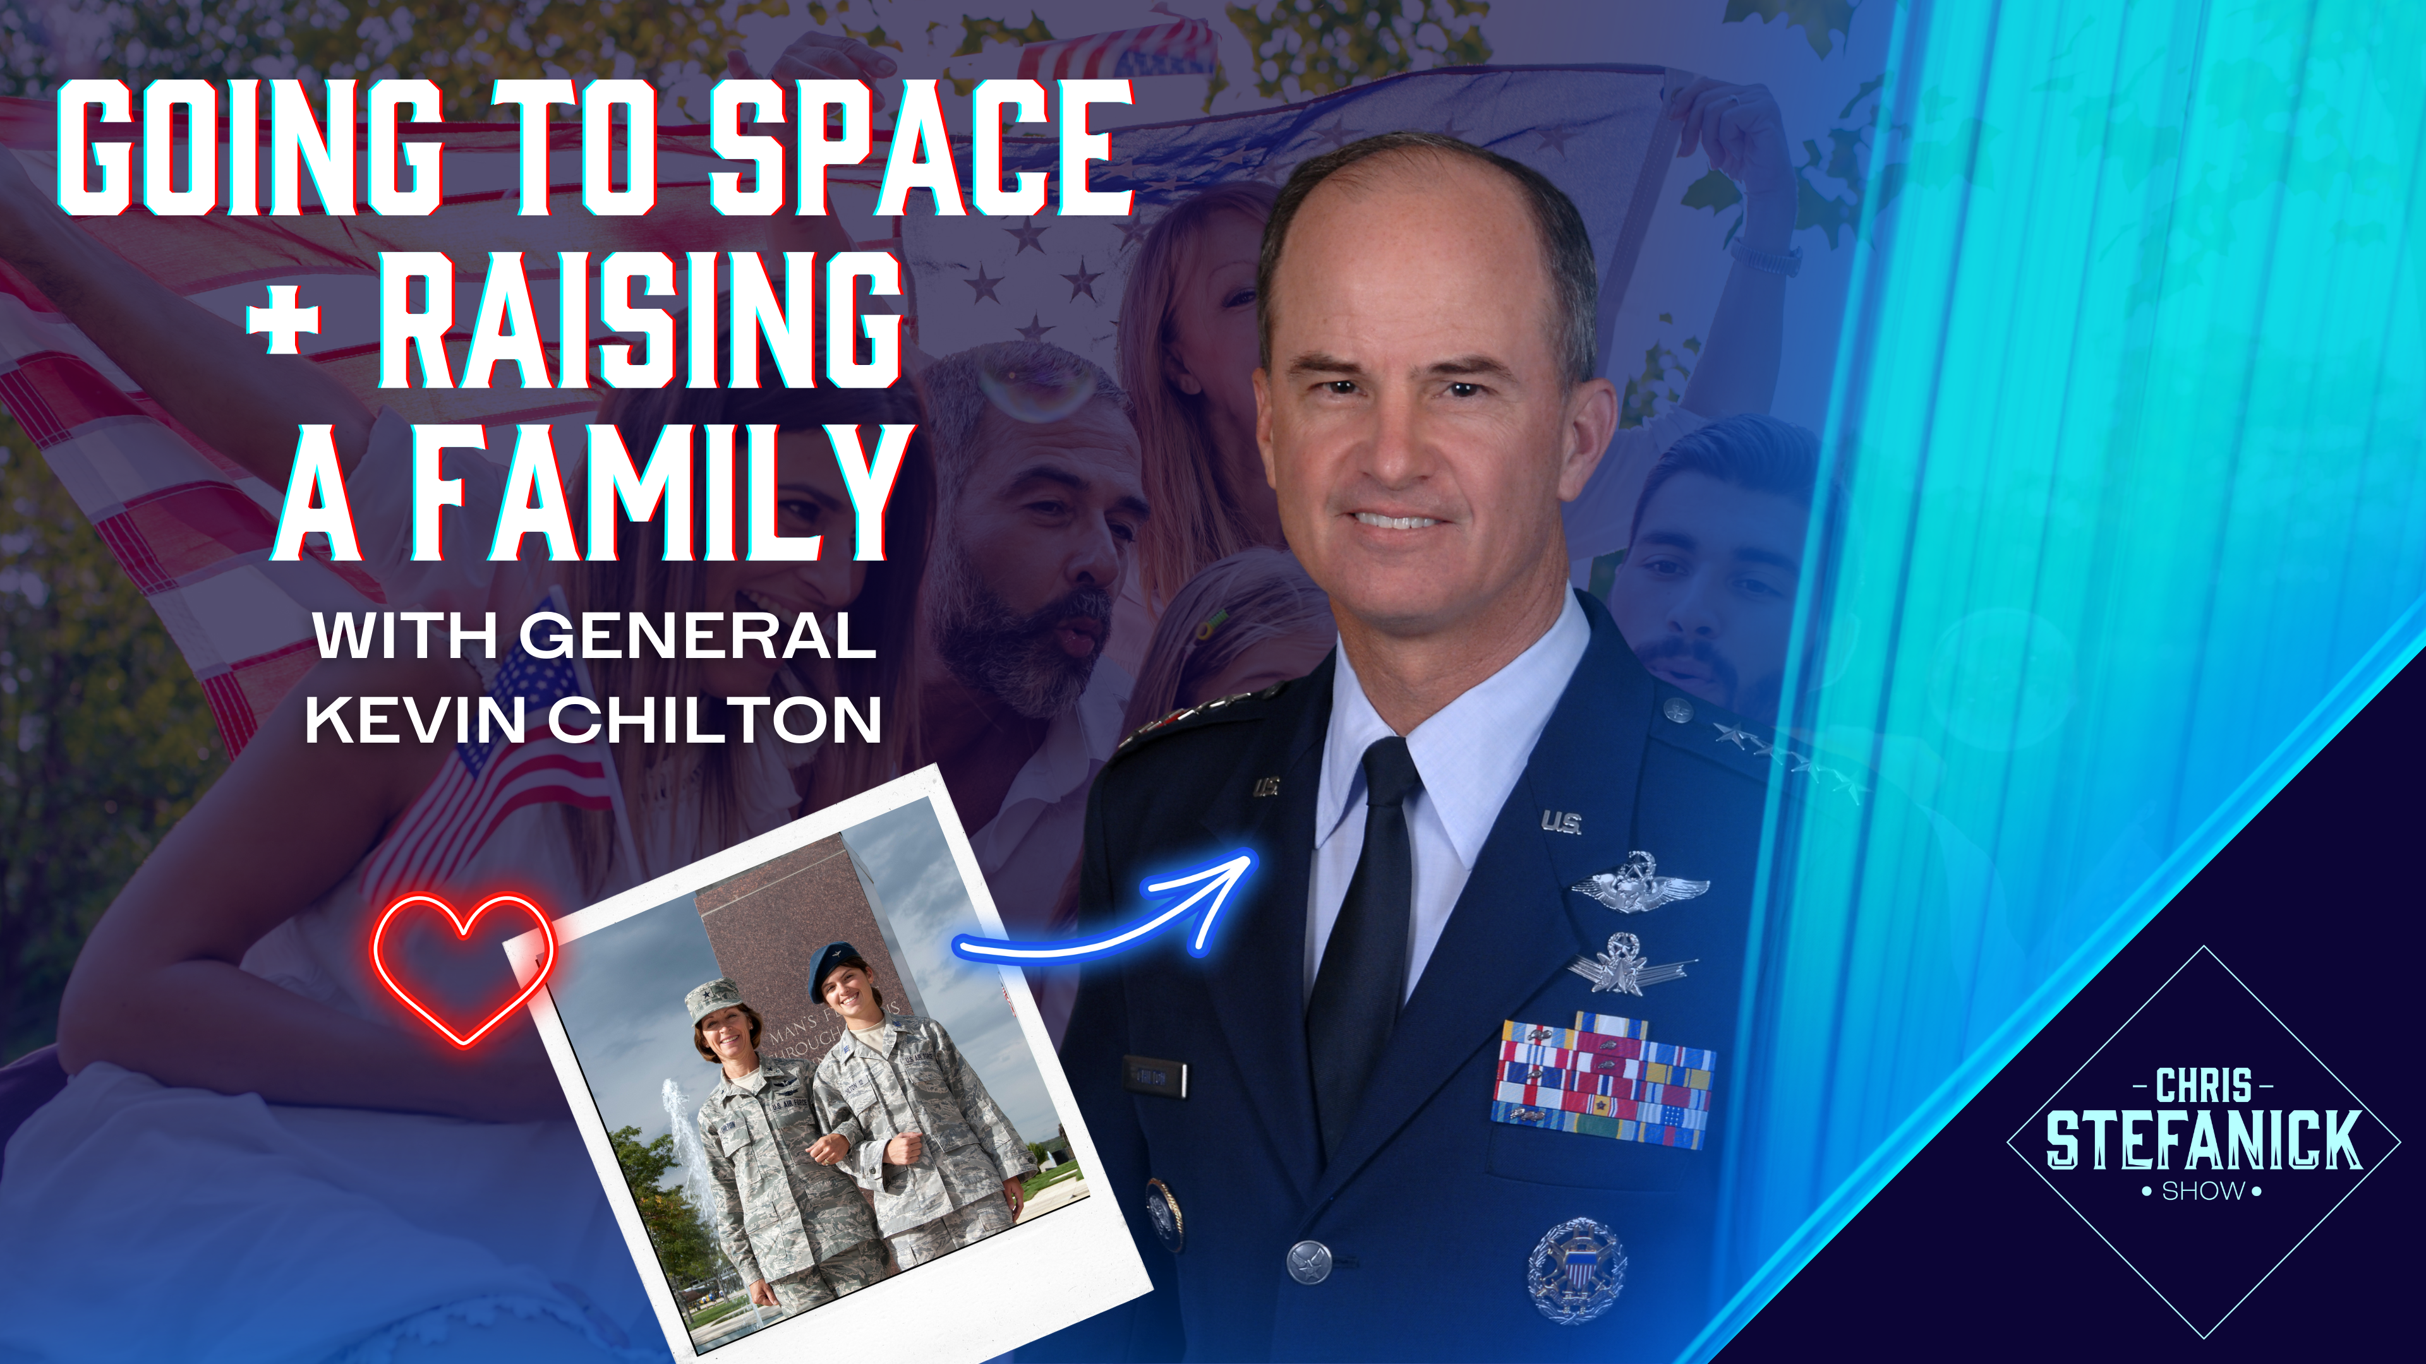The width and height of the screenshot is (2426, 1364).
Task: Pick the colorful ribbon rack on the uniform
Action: [1601, 1082]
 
